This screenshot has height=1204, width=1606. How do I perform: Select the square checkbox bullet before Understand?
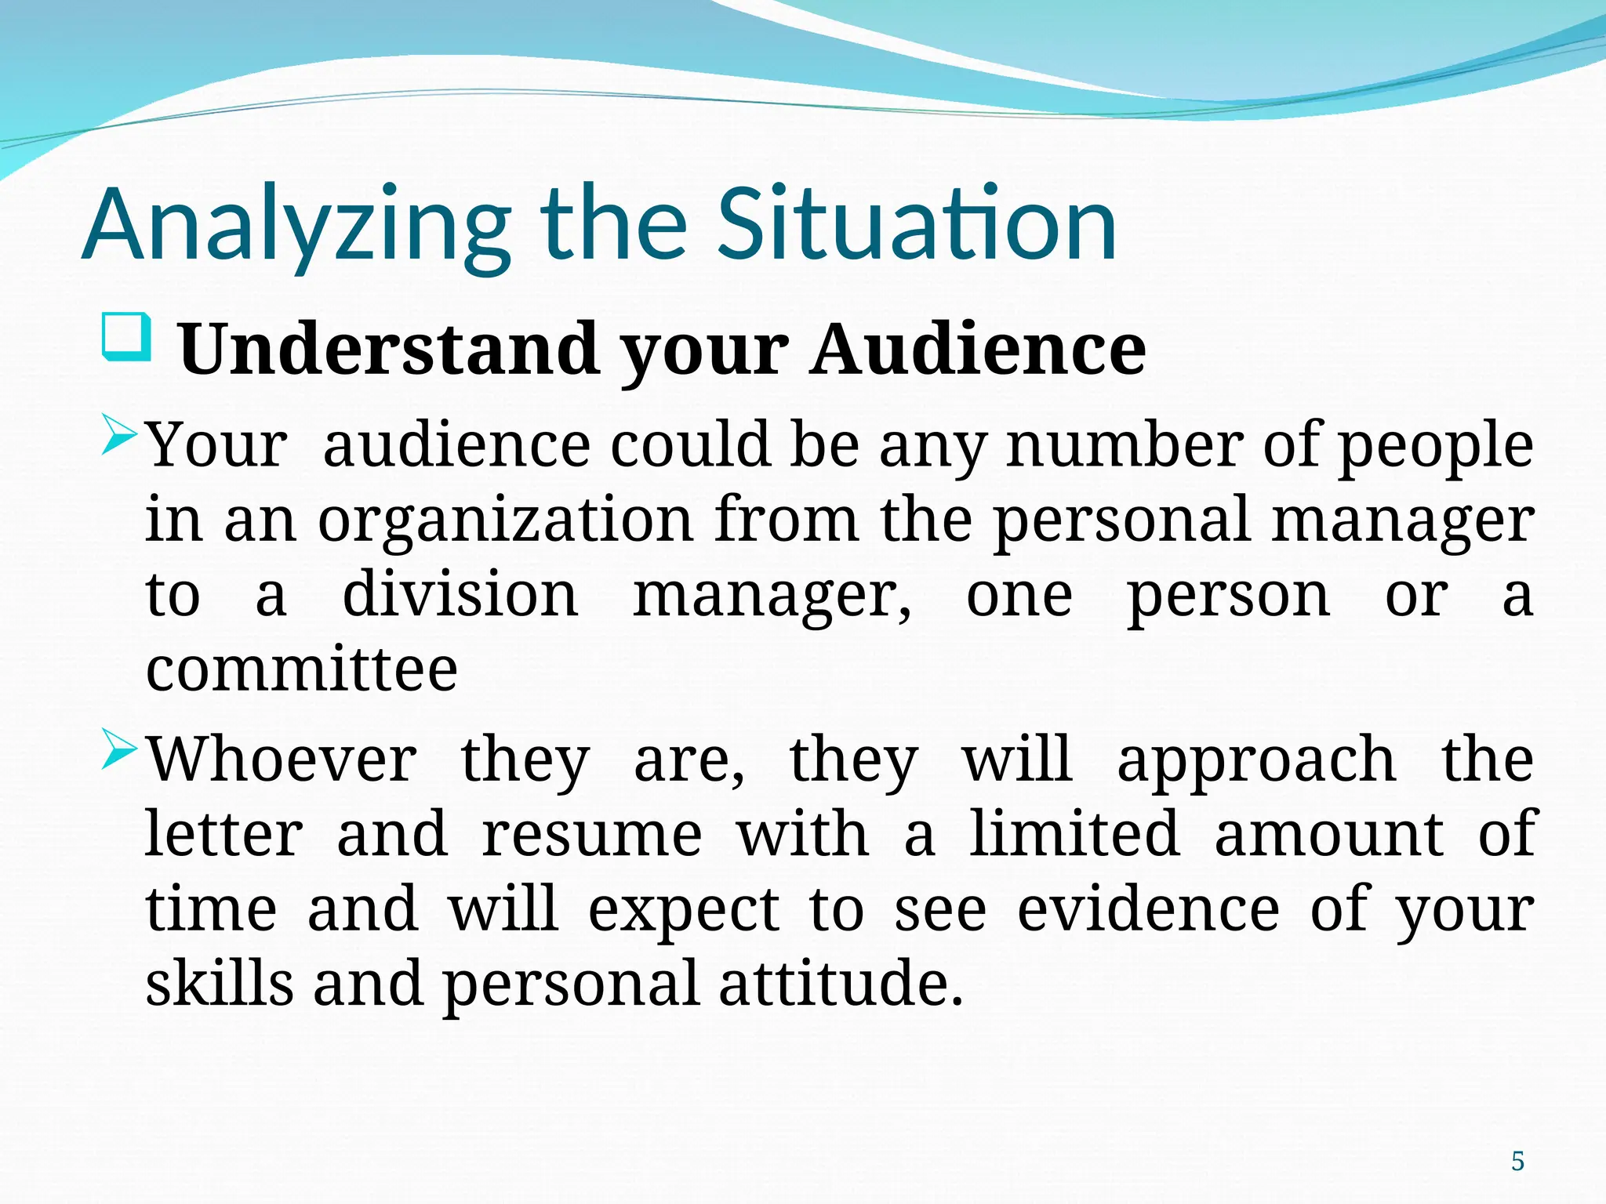point(126,337)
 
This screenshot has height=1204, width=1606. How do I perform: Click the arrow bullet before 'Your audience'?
point(120,439)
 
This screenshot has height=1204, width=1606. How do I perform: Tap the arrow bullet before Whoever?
point(120,753)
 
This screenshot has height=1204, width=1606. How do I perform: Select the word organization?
point(506,520)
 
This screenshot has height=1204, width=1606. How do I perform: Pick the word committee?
point(302,670)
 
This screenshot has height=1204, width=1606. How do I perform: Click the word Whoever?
point(282,760)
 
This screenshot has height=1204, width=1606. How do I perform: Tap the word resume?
point(592,835)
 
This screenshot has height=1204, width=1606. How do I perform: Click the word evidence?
point(1149,909)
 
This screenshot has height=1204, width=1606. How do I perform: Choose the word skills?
point(220,983)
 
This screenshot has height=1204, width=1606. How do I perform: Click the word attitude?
point(840,983)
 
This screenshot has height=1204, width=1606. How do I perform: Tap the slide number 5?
point(1517,1161)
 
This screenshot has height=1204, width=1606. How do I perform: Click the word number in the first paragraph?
point(1125,445)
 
